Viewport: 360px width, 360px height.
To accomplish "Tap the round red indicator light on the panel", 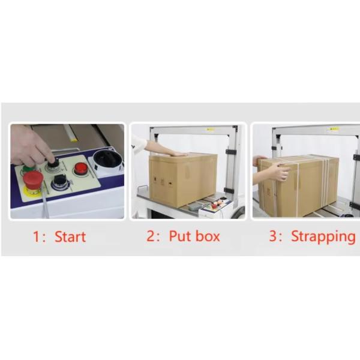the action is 80,168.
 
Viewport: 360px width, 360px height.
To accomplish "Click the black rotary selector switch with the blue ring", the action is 59,181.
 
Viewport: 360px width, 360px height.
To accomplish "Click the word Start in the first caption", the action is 70,237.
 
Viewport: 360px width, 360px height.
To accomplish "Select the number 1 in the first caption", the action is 36,237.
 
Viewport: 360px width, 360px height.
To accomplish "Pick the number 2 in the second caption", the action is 151,236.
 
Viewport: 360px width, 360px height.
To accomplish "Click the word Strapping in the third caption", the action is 323,237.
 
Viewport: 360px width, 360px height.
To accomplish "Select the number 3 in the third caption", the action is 273,236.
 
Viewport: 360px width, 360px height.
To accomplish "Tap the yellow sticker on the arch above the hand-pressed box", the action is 211,130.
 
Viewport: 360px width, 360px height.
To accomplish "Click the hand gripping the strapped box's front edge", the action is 278,171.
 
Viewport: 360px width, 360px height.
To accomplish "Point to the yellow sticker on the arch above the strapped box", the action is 333,130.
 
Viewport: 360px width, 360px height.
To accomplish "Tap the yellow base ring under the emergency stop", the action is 32,191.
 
